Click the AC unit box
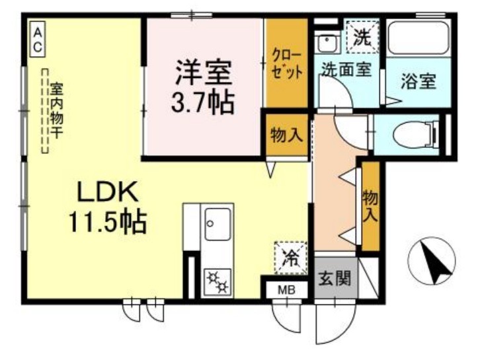pos(38,39)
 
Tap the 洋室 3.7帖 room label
pos(203,87)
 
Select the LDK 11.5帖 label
pos(108,207)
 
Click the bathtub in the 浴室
pos(418,38)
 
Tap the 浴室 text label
pos(418,81)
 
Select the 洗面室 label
pos(346,69)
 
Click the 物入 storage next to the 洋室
pos(287,135)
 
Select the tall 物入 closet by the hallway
pos(370,206)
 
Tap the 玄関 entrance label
pos(335,279)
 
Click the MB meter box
pos(286,290)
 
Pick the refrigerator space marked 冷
pos(290,257)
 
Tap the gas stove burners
pos(217,281)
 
